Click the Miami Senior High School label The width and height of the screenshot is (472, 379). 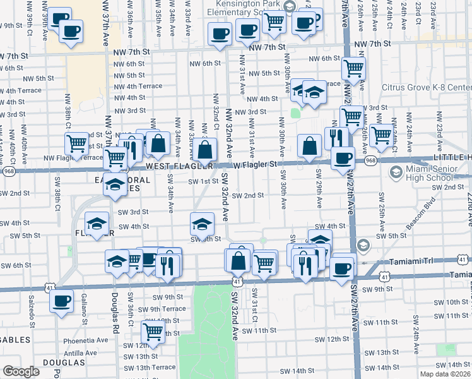434,172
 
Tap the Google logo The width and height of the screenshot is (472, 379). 20,371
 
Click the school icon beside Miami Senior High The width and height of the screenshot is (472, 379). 396,172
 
